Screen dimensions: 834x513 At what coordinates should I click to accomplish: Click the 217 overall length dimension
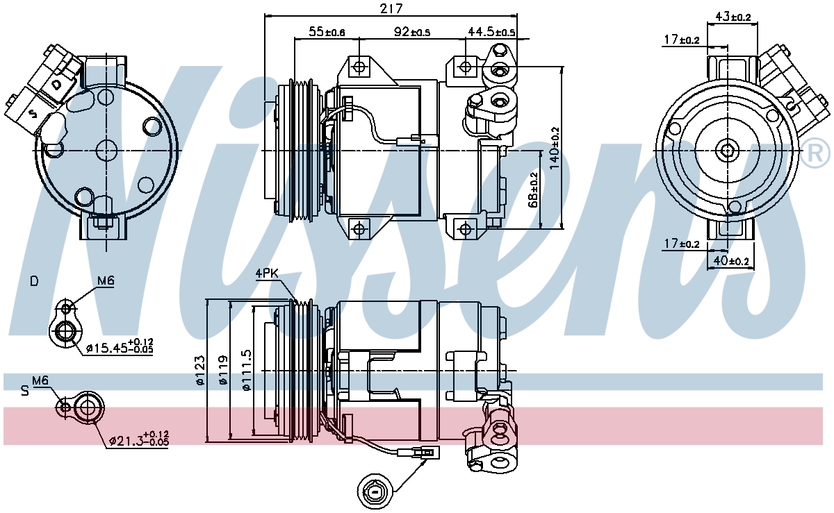(x=391, y=8)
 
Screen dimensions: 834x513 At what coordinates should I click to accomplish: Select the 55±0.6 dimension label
(x=327, y=32)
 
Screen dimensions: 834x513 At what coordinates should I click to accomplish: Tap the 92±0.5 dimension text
(x=411, y=32)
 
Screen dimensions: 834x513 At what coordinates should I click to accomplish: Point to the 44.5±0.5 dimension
(x=491, y=32)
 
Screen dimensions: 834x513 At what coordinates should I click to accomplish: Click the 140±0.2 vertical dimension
(x=555, y=148)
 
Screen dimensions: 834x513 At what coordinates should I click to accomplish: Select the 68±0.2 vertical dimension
(x=534, y=190)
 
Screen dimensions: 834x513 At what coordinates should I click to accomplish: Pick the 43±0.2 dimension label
(x=733, y=17)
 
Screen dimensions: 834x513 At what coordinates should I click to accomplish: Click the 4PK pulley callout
(x=267, y=274)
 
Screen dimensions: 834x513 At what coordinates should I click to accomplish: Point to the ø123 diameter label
(x=200, y=371)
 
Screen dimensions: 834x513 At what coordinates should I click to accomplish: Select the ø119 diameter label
(x=222, y=370)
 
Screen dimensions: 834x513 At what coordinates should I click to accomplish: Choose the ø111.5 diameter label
(x=247, y=370)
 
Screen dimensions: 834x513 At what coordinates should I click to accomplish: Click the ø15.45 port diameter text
(x=120, y=346)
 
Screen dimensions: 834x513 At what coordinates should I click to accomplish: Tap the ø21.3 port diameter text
(x=139, y=438)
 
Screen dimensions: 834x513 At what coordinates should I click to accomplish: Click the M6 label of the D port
(x=106, y=280)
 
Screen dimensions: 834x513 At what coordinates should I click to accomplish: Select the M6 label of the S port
(x=40, y=380)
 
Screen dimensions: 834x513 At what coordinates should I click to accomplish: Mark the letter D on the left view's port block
(x=56, y=85)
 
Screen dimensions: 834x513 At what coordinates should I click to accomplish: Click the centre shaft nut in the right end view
(x=728, y=151)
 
